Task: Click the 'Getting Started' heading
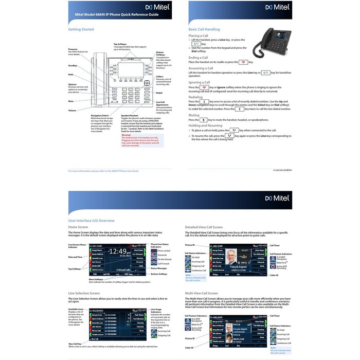click(x=81, y=29)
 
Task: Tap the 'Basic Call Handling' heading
click(x=204, y=30)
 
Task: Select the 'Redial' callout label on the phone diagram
click(x=159, y=93)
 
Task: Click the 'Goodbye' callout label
click(x=73, y=66)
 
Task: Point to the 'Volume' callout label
click(x=72, y=111)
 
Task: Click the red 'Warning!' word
click(x=126, y=135)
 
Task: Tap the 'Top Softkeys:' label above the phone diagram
click(x=122, y=44)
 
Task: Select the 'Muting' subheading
click(x=194, y=115)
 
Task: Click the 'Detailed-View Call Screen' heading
click(x=204, y=227)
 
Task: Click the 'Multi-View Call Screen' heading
click(x=200, y=293)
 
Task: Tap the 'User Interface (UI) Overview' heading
click(x=91, y=220)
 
